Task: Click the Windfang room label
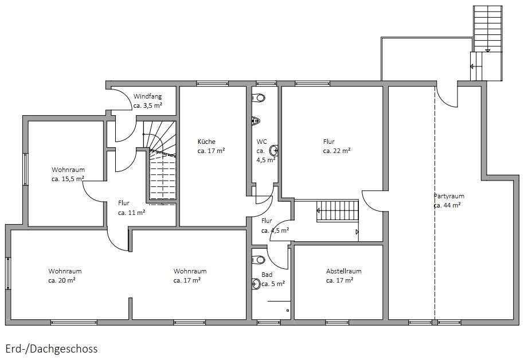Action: pos(147,96)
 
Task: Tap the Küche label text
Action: pos(206,142)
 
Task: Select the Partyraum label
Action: pos(449,196)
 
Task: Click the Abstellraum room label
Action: pos(343,271)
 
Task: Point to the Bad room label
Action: pos(267,275)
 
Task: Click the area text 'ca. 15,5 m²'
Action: pos(68,179)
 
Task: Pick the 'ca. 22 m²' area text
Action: pos(337,151)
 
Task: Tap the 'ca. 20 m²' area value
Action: pos(61,280)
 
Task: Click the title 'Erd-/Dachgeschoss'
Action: pos(52,349)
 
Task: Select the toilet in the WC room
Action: pos(259,97)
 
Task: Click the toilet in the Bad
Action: pos(259,260)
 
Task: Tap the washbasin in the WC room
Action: pos(274,150)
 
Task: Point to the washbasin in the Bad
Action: pos(256,284)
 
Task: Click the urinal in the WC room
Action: pos(256,120)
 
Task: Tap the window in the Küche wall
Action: pos(213,84)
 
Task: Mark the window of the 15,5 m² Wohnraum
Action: pos(26,169)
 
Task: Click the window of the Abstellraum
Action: pos(337,322)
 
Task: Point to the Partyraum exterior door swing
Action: pos(447,97)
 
